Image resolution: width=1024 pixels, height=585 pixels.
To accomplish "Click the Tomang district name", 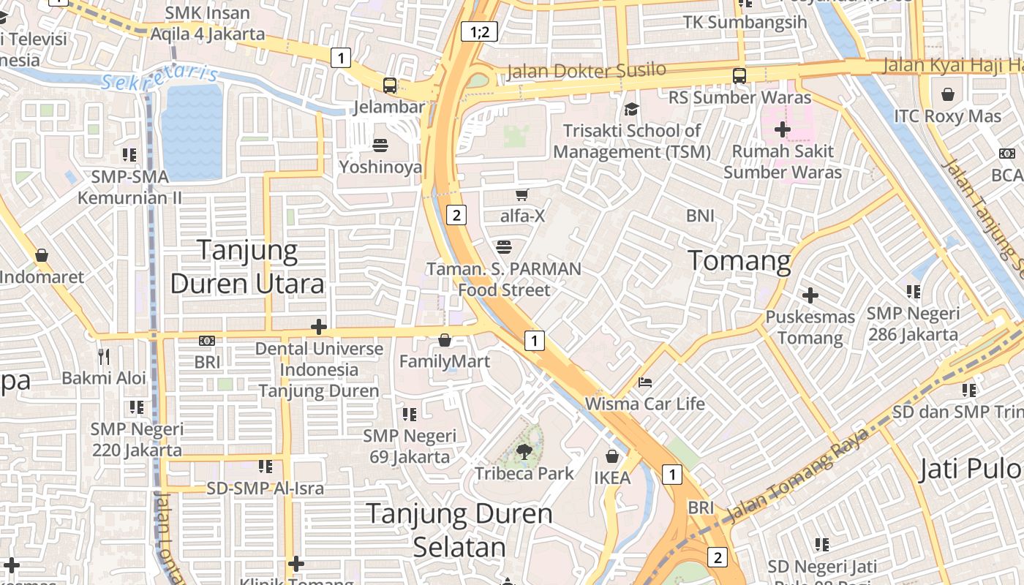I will pos(739,260).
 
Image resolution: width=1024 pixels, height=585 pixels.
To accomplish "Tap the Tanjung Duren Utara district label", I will pos(247,267).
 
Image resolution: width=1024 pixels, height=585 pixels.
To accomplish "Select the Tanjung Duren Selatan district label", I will pos(459,530).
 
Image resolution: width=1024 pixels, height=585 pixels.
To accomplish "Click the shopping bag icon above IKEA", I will pos(612,456).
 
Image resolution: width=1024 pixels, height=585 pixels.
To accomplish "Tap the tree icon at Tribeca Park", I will pos(524,451).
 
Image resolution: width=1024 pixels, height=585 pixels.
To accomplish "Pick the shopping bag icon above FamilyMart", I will pos(445,340).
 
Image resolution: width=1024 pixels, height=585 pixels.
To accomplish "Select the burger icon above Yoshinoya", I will pos(380,146).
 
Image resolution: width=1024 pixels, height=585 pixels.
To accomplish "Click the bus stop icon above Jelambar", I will pos(390,86).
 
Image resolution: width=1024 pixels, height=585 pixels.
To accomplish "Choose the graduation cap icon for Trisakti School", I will pos(630,109).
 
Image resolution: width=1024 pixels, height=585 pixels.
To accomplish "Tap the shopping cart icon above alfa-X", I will pos(522,195).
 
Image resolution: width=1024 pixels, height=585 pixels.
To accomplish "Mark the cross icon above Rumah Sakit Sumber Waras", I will pos(783,130).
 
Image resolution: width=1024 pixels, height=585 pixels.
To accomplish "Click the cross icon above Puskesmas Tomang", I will pos(810,295).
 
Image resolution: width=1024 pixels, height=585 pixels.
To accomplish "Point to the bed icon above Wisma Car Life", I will pos(645,382).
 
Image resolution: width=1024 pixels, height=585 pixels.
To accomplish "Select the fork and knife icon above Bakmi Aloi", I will pos(104,356).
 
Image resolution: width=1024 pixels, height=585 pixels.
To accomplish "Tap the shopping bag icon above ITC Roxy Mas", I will pos(948,94).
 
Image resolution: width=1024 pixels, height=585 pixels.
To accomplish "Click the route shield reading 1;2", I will pos(479,31).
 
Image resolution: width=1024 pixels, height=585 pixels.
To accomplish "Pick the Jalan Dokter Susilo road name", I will pos(586,71).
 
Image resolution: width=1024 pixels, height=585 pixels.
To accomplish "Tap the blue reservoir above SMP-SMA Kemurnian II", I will pos(192,132).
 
